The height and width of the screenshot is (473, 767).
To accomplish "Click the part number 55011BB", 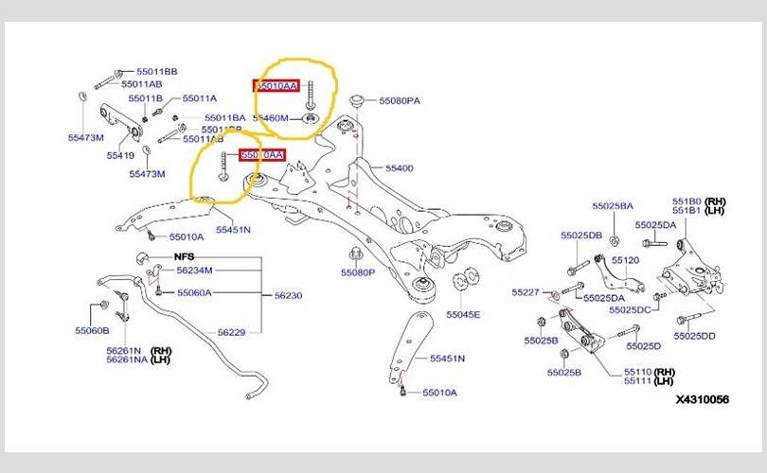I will [158, 71].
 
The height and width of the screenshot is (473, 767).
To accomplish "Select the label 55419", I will [119, 154].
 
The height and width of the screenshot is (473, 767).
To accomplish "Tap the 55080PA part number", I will [400, 100].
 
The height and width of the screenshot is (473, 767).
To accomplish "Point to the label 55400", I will [399, 168].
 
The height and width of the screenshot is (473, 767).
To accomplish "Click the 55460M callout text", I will [273, 118].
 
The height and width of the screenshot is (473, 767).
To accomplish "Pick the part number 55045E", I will [463, 314].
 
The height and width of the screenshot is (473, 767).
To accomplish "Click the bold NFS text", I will [182, 257].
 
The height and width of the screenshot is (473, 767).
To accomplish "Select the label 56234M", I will [195, 271].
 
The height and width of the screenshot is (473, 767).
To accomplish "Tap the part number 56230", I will [288, 296].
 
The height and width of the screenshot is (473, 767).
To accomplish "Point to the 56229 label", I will [231, 332].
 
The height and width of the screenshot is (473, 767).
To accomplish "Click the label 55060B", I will [93, 330].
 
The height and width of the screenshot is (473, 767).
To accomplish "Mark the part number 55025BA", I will [613, 205].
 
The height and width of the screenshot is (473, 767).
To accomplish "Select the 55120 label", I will [625, 259].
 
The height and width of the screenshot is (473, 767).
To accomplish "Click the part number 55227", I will [525, 291].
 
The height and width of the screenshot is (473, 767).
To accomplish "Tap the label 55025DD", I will [695, 336].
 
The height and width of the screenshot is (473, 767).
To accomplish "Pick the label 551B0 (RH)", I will [699, 201].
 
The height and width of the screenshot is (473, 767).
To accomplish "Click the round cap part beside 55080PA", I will [358, 98].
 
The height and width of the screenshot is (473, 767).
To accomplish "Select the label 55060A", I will [194, 293].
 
